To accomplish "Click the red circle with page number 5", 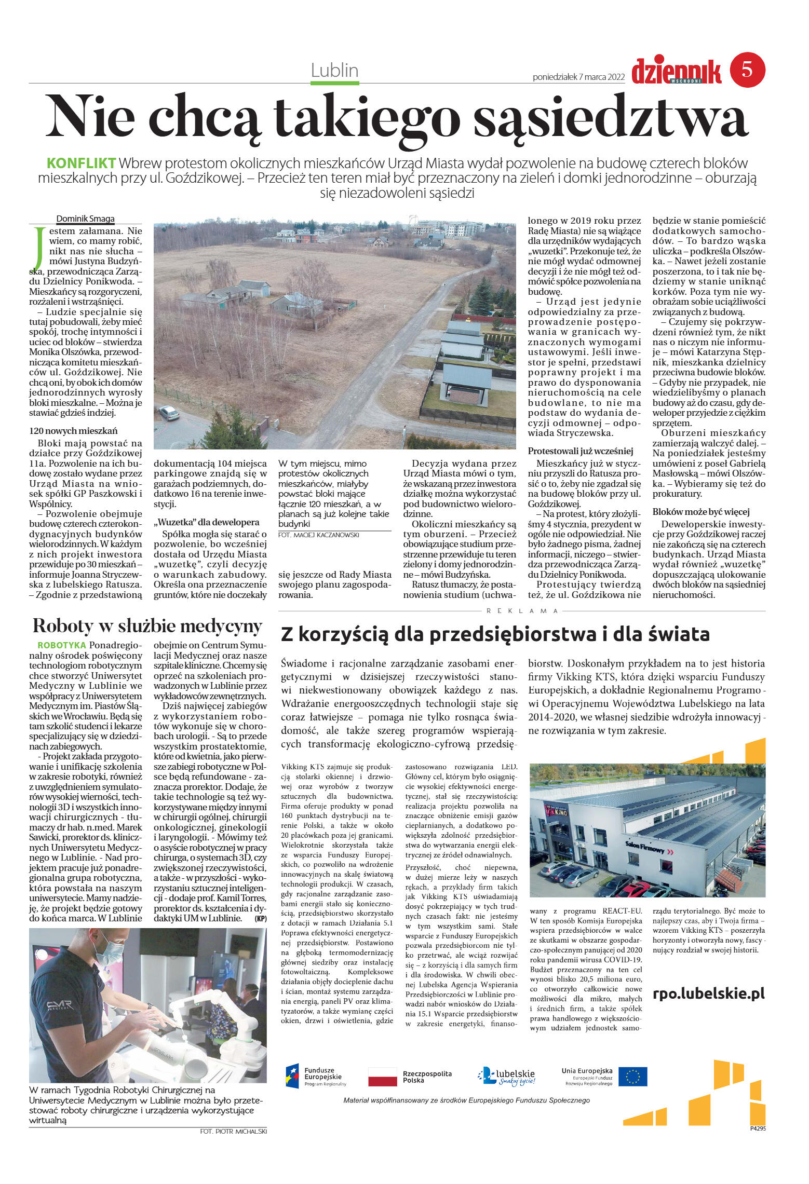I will (x=747, y=70).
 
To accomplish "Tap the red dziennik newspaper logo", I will (x=676, y=71).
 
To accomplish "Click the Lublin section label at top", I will (x=334, y=70).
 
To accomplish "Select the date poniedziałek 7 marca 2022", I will (x=578, y=77).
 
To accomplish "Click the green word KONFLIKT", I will (x=81, y=163).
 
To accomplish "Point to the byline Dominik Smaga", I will (x=85, y=219).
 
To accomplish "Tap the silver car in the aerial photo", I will (x=169, y=413).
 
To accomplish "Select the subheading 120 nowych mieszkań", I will (x=73, y=430).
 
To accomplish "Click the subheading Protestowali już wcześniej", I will (x=581, y=451).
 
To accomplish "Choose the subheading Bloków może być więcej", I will (x=700, y=511).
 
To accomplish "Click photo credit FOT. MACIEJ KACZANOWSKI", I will (x=318, y=535).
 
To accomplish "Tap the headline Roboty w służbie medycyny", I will (x=147, y=626).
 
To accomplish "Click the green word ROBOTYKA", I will (x=62, y=645).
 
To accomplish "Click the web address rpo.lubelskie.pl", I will (x=708, y=993).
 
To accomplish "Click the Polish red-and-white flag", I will (x=382, y=1077).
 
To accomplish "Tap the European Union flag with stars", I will (x=632, y=1076).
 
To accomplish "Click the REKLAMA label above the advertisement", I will (x=522, y=611).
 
